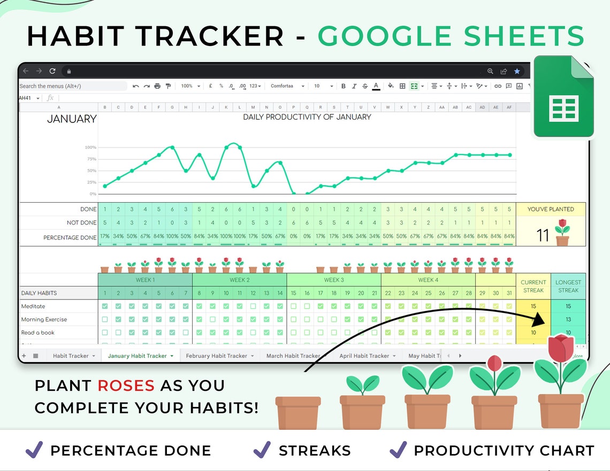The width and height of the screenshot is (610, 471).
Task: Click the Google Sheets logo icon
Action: click(563, 97)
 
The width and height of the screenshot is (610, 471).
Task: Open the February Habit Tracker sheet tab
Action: click(217, 356)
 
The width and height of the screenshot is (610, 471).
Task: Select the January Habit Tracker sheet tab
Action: click(138, 356)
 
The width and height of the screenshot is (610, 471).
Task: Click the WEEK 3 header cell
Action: click(334, 280)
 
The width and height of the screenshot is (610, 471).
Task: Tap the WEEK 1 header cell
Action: click(145, 280)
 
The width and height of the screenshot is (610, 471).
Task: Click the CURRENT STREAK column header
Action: click(533, 286)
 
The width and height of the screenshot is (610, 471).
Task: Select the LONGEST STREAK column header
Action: click(568, 286)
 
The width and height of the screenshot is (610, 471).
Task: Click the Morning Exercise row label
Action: click(44, 319)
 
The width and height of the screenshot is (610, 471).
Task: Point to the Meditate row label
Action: click(33, 306)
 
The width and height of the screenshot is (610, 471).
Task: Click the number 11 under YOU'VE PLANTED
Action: click(543, 236)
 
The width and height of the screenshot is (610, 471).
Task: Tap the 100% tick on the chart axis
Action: click(90, 148)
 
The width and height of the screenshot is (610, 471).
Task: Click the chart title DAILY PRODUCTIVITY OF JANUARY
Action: click(307, 117)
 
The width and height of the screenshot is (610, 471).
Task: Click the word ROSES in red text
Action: click(126, 385)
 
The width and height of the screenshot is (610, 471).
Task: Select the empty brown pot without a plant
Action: click(298, 412)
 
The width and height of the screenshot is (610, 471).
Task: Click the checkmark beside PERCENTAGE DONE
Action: click(34, 450)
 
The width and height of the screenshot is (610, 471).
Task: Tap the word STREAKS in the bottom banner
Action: click(315, 451)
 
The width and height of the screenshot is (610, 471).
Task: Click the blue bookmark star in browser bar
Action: click(517, 71)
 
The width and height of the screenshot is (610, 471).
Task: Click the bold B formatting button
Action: click(343, 86)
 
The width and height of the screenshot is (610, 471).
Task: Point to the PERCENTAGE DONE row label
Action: click(70, 237)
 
